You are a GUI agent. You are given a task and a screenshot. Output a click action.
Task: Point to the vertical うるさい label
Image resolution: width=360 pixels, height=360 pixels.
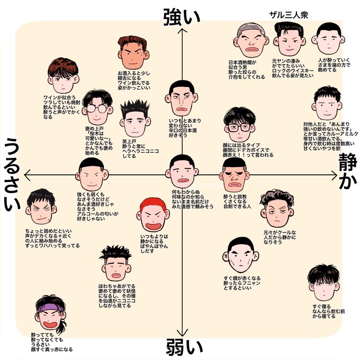tap(14, 174)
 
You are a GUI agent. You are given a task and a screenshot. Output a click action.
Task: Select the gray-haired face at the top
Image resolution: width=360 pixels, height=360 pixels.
tap(248, 41)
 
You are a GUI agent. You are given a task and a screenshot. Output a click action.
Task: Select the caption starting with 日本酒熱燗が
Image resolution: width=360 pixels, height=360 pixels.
tap(246, 69)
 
